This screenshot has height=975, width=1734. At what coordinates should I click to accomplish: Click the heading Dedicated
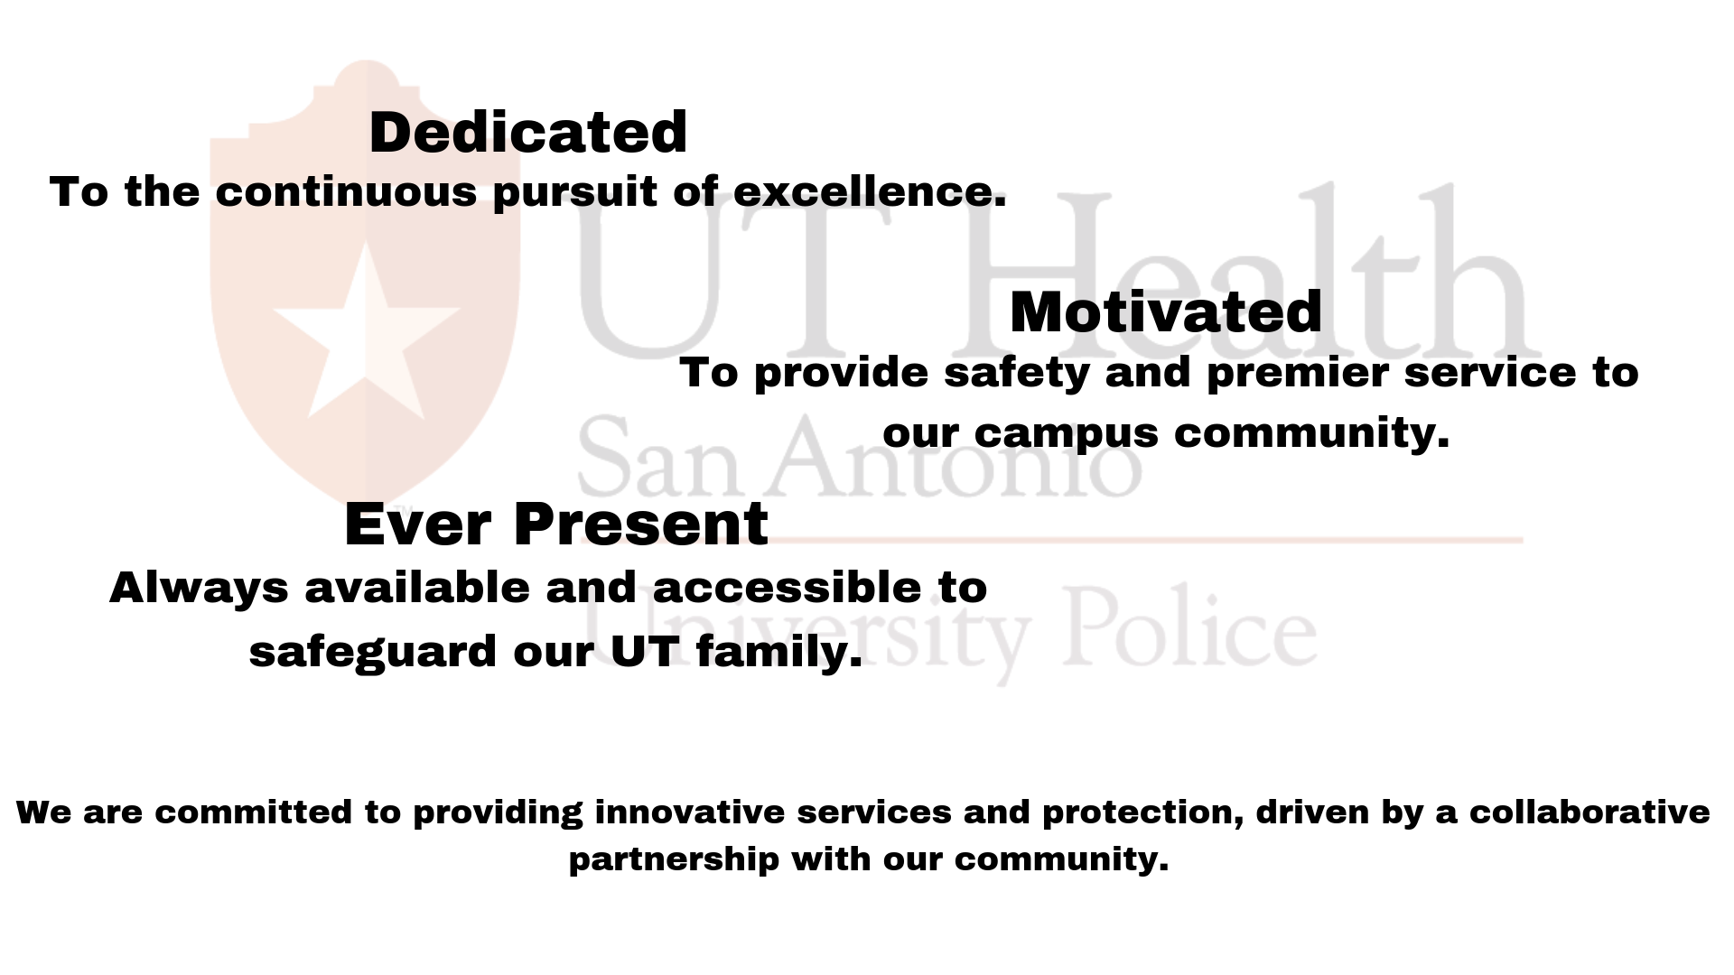point(528,133)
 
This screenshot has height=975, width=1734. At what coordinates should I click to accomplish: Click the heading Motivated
point(1166,312)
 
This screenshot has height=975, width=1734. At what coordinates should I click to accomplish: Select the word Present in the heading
point(641,525)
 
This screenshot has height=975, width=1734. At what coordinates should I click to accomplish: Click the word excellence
point(870,191)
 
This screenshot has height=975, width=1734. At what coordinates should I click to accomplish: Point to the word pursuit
point(575,192)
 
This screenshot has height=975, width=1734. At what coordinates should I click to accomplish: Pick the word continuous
point(346,192)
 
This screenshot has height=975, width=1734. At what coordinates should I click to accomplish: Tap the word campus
point(1066,434)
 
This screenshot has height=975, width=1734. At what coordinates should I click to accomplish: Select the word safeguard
point(373,652)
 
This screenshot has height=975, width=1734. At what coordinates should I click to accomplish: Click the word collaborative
point(1589,812)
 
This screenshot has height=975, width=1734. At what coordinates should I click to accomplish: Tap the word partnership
point(674,859)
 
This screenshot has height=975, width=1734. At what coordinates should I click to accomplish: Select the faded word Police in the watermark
point(1190,626)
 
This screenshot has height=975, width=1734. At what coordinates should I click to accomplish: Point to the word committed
point(254,812)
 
